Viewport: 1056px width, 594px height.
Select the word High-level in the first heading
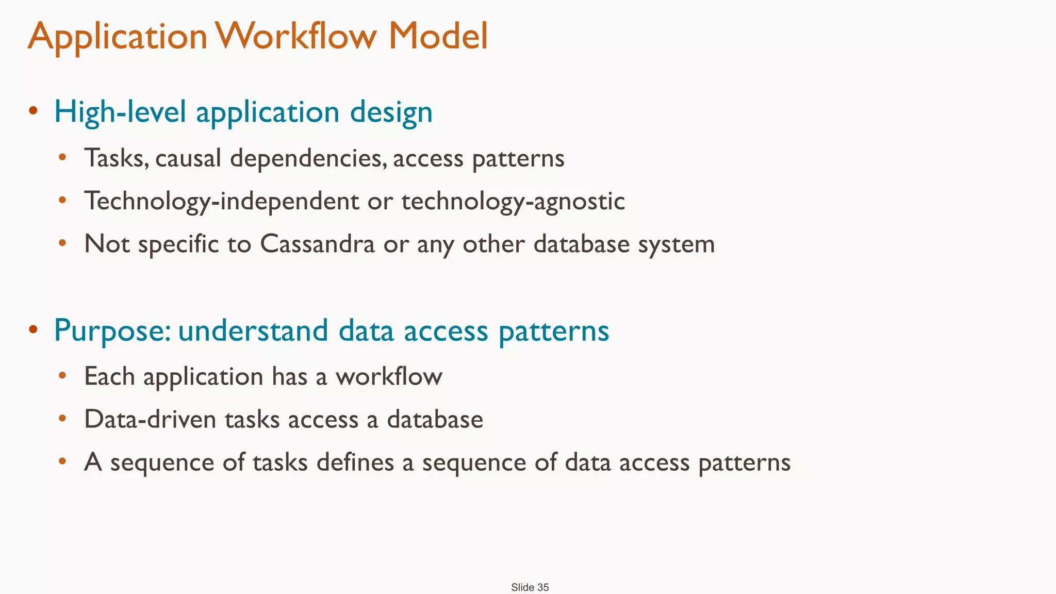click(120, 112)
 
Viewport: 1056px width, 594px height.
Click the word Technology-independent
click(222, 201)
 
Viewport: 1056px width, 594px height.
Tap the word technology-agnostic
click(513, 201)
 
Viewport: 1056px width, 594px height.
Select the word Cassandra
click(317, 244)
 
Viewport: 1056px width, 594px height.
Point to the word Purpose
click(112, 331)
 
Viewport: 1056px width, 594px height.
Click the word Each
click(109, 376)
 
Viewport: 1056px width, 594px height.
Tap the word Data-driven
click(150, 419)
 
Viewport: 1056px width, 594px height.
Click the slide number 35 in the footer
click(543, 587)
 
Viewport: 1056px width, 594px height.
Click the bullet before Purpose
click(33, 329)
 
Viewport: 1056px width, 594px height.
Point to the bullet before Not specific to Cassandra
click(62, 243)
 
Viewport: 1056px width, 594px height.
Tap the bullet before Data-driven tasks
click(62, 418)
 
